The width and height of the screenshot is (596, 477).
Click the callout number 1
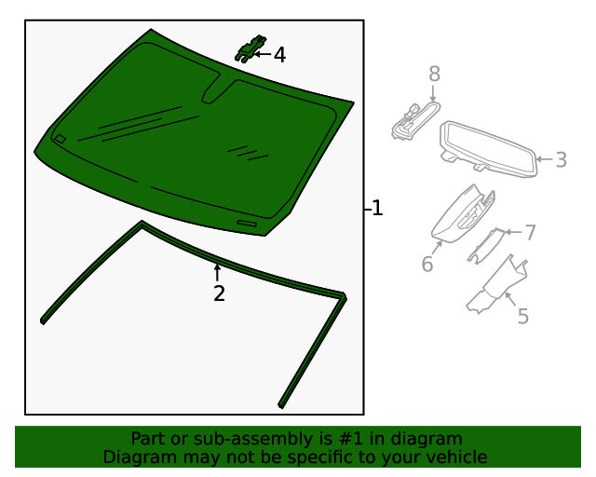(377, 208)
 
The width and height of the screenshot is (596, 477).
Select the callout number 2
(219, 293)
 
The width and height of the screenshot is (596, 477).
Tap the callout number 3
(561, 159)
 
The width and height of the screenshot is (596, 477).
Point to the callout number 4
(279, 55)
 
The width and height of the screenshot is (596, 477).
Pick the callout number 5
(523, 316)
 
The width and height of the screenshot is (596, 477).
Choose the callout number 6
(427, 264)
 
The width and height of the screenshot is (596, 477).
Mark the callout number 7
(530, 232)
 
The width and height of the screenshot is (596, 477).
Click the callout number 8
(435, 74)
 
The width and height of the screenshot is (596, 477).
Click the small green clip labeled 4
(251, 48)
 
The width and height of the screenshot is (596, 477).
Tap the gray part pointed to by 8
(415, 120)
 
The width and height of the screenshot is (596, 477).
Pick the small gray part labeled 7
(484, 245)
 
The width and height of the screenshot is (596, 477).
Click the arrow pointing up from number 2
(217, 273)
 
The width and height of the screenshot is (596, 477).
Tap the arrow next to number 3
(544, 159)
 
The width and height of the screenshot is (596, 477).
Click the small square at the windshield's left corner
(60, 139)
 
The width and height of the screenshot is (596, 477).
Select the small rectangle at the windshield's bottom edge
(247, 224)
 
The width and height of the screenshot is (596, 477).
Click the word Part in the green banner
(149, 439)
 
